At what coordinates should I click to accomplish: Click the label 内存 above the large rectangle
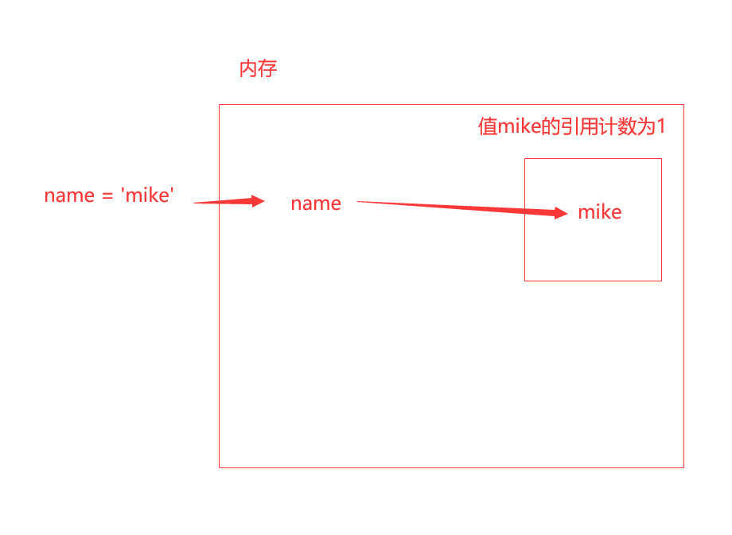coord(258,69)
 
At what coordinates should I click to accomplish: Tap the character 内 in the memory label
coord(248,69)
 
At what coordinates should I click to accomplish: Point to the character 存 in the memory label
coord(268,69)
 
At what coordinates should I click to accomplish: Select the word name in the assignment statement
coord(69,196)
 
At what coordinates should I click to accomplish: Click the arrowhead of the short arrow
coord(257,201)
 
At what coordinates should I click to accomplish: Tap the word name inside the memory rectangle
coord(316,204)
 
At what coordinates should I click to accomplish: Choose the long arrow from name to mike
coord(461,207)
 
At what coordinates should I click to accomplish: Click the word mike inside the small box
coord(600,212)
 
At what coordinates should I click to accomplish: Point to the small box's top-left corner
coord(525,159)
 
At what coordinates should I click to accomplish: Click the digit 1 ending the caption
coord(660,127)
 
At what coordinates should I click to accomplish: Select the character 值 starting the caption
coord(487,127)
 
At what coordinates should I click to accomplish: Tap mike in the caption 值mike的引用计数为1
coord(519,127)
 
